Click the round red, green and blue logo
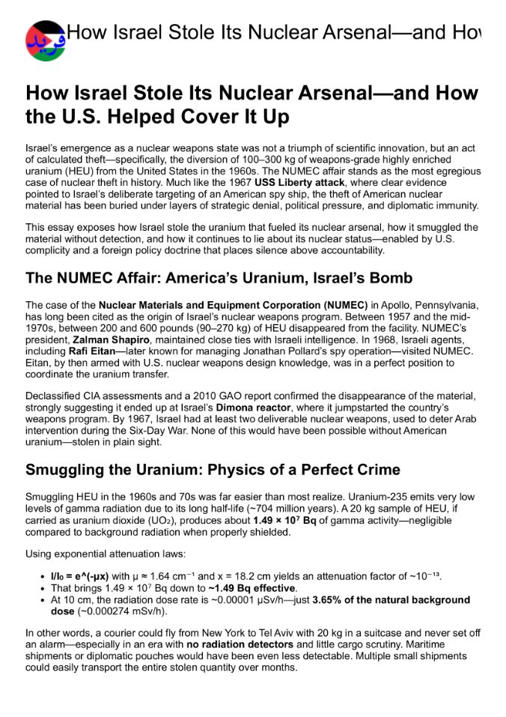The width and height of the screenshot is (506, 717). point(45,40)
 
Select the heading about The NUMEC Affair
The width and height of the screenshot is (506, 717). point(219,279)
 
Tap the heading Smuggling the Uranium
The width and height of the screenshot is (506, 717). point(213,471)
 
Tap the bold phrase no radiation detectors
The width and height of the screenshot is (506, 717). point(251,644)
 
